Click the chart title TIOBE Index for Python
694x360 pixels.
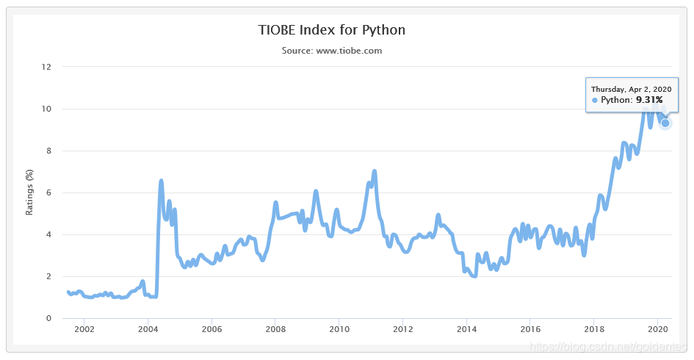coord(332,30)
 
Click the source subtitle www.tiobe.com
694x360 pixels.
coord(332,51)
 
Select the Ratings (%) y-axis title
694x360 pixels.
coord(29,192)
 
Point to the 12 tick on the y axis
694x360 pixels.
coord(47,67)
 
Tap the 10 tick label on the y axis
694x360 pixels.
coord(47,109)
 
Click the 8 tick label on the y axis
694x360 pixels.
coord(48,151)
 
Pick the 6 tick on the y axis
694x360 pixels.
coord(48,192)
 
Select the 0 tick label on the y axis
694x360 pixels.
coord(48,318)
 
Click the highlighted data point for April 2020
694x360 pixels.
coord(665,123)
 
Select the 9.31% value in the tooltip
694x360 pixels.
coord(648,100)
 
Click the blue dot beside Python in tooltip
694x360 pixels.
coord(595,100)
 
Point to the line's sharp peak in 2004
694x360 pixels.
coord(161,181)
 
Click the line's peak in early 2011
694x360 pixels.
coord(375,171)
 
